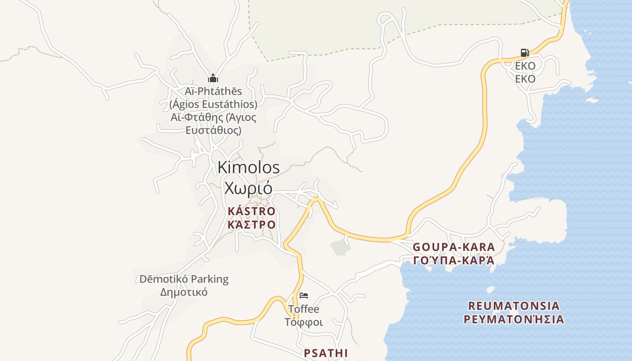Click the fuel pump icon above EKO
pyautogui.click(x=525, y=53)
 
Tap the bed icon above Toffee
pyautogui.click(x=304, y=296)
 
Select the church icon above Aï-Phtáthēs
pyautogui.click(x=213, y=78)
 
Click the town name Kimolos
pyautogui.click(x=248, y=167)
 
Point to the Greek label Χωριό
pyautogui.click(x=248, y=188)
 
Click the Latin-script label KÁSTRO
pyautogui.click(x=251, y=211)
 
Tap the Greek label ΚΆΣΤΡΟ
pyautogui.click(x=251, y=225)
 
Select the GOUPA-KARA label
pyautogui.click(x=454, y=247)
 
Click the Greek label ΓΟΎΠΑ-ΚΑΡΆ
pyautogui.click(x=454, y=261)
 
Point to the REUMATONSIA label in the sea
pyautogui.click(x=514, y=306)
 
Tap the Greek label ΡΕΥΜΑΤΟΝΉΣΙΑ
pyautogui.click(x=514, y=319)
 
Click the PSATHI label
pyautogui.click(x=325, y=353)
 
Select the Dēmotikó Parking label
pyautogui.click(x=184, y=279)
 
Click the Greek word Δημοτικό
pyautogui.click(x=184, y=292)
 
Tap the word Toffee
pyautogui.click(x=303, y=309)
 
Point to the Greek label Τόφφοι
pyautogui.click(x=303, y=322)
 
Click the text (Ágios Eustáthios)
pyautogui.click(x=213, y=104)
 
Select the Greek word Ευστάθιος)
pyautogui.click(x=213, y=130)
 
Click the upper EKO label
pyautogui.click(x=525, y=66)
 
